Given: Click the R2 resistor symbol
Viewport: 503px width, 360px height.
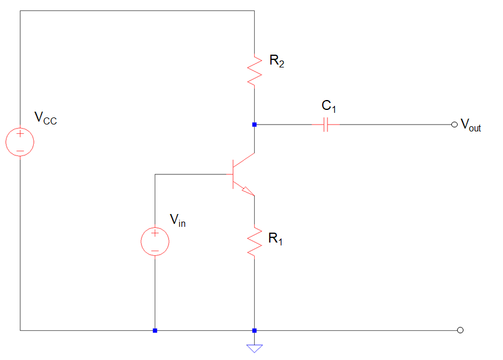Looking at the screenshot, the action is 254,70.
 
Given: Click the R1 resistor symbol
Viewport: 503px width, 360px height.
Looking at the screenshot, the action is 254,241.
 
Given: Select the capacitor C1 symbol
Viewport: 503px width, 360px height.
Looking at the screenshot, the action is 326,124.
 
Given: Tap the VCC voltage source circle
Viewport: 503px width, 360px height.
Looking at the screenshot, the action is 20,142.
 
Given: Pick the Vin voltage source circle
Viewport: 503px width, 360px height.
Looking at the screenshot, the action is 155,241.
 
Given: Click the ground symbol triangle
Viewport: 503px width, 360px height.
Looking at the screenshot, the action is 254,348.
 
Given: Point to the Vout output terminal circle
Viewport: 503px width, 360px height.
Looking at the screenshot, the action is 454,124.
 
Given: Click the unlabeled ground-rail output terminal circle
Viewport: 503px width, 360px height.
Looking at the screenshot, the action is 461,330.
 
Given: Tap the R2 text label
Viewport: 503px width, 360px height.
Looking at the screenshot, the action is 277,60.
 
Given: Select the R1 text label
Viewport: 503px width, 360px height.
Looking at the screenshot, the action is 275,238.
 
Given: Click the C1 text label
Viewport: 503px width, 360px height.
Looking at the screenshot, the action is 329,106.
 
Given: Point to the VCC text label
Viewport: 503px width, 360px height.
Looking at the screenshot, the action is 45,118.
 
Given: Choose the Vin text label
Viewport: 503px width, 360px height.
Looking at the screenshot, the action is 178,220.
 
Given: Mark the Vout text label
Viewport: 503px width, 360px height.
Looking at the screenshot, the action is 471,125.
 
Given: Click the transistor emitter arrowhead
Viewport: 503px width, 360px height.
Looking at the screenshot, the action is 248,191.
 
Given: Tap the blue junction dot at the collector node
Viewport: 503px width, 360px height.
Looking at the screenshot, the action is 254,124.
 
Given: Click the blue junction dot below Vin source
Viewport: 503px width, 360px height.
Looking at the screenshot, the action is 155,330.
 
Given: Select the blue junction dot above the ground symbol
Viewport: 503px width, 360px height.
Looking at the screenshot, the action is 254,330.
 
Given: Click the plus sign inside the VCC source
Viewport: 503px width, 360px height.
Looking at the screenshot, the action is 20,134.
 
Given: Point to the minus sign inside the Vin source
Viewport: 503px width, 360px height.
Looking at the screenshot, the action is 155,251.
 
